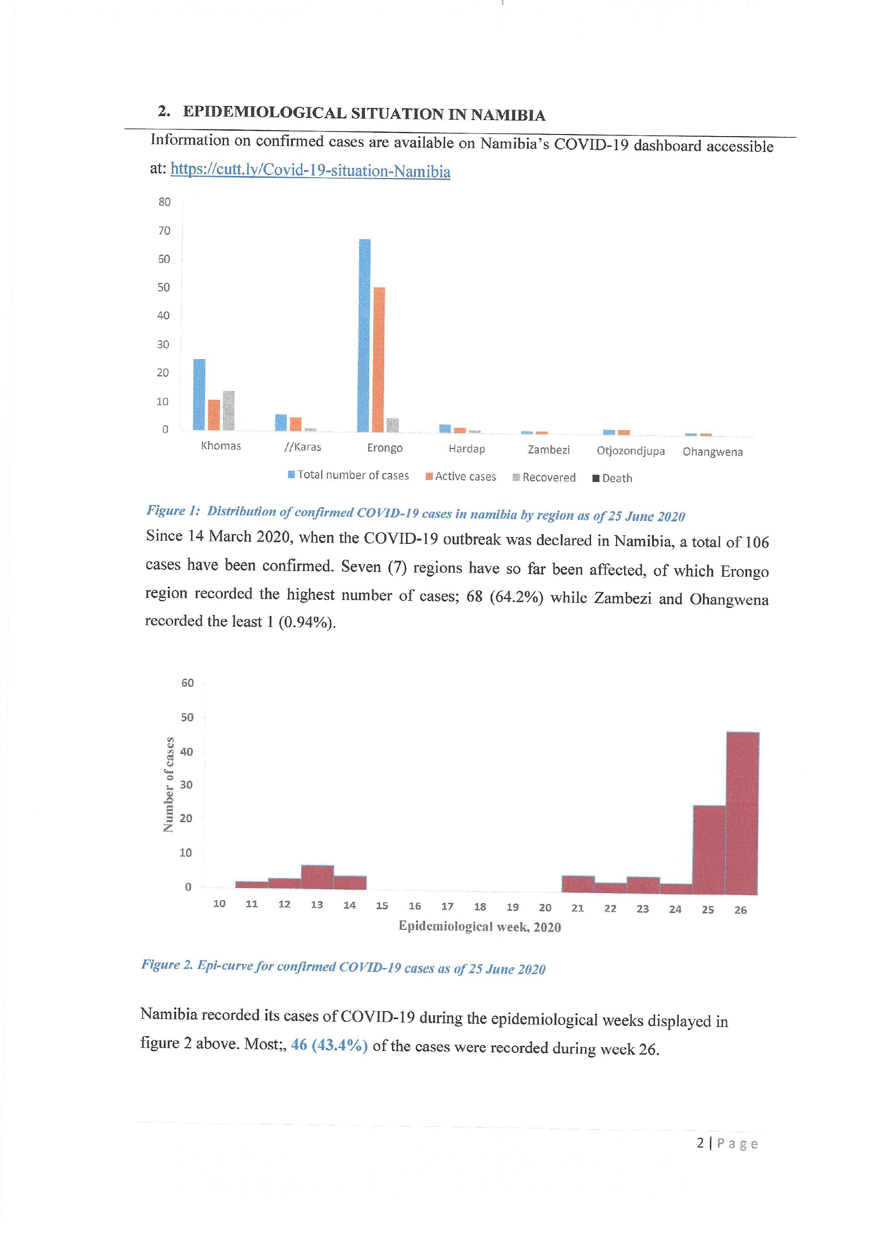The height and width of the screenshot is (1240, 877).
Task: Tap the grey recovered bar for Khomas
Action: [x=228, y=411]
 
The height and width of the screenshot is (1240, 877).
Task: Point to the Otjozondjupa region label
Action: [x=630, y=451]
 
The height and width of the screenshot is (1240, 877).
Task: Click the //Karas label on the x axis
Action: [x=303, y=447]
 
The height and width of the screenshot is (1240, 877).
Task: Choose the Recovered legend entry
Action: [x=544, y=477]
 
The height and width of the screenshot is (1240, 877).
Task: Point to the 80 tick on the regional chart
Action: [x=164, y=202]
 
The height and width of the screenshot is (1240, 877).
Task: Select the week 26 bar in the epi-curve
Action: [x=743, y=813]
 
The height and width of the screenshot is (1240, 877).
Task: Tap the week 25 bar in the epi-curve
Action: [x=709, y=850]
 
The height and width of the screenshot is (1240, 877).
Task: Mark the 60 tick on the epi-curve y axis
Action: [x=188, y=683]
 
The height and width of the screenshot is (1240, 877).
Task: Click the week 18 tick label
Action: [x=479, y=907]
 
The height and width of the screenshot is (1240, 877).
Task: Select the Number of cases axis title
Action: [x=168, y=785]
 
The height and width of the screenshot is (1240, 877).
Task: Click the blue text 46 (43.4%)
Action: [x=329, y=1045]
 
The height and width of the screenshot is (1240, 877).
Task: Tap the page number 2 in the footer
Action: [x=700, y=1143]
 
